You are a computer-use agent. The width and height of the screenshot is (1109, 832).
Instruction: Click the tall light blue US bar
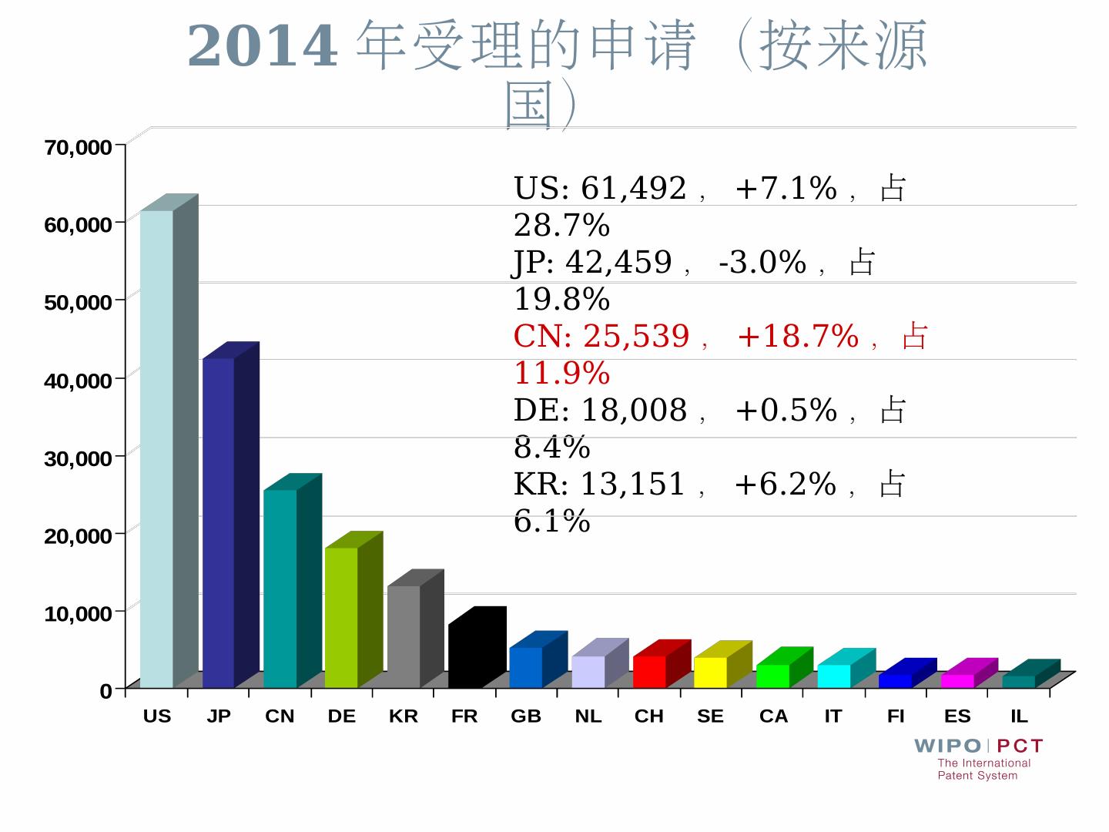click(x=156, y=447)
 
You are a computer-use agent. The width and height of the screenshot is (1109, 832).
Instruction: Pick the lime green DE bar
click(x=341, y=616)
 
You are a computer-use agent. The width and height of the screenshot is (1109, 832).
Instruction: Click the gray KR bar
click(x=404, y=636)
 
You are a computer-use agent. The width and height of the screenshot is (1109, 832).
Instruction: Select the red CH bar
click(x=649, y=671)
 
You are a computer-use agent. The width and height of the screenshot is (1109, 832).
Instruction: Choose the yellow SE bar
click(x=710, y=672)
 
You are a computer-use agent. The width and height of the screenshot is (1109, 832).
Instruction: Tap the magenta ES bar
click(x=957, y=680)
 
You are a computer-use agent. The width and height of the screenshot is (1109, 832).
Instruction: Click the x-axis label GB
click(x=526, y=716)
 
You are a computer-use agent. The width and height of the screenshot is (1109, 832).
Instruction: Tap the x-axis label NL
click(x=588, y=716)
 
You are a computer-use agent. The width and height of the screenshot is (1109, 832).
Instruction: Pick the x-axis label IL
click(x=1019, y=716)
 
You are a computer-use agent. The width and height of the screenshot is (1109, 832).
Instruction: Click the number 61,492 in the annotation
click(x=633, y=189)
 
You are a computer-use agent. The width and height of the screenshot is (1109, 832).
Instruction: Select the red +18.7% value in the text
click(x=797, y=337)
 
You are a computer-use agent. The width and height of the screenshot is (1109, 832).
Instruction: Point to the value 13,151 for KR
click(x=632, y=485)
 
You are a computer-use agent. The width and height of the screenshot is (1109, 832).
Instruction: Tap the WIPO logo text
click(x=947, y=746)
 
